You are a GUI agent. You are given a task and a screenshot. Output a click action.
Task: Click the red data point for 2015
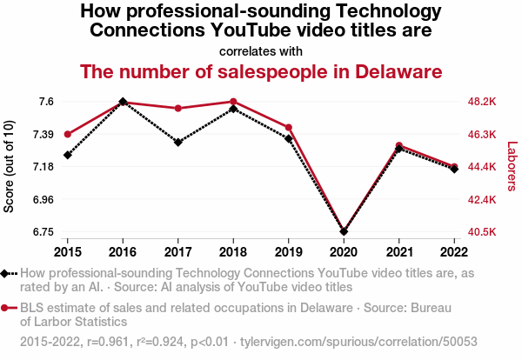coord(67,134)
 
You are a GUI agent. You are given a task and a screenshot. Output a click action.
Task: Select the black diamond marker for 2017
coord(177,142)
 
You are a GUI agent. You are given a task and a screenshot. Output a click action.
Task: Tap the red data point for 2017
coord(177,109)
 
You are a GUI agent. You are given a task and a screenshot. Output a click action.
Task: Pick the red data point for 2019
coord(288,128)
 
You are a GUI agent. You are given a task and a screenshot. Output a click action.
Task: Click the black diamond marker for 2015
coord(67,155)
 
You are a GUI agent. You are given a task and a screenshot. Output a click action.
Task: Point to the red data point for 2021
coord(398,146)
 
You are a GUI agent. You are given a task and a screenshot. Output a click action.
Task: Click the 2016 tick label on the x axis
coord(123,252)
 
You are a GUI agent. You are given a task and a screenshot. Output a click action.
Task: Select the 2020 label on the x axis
coord(344,252)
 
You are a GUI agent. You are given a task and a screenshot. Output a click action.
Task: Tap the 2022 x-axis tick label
coord(454,252)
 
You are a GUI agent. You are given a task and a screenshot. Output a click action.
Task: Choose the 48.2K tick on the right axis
coord(482,102)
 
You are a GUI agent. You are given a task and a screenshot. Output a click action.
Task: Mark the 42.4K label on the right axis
coord(482,200)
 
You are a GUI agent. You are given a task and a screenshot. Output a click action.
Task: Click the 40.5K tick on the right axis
coord(482,232)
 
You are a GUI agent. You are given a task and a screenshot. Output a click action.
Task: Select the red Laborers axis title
coord(512,167)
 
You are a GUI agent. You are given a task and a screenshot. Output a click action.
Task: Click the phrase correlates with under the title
coord(261,51)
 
